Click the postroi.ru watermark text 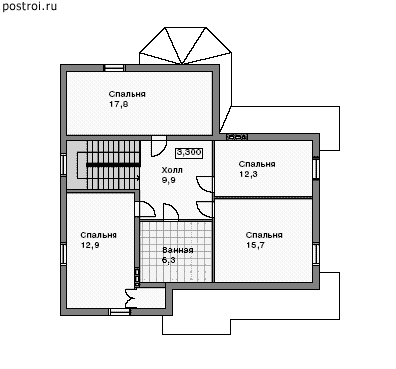[30, 6]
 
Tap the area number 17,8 [119, 104]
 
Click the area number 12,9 [90, 245]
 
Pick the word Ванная [178, 250]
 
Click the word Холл [172, 170]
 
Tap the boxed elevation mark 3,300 [189, 153]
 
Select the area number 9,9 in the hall [169, 180]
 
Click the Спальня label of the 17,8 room [127, 94]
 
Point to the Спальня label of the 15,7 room [264, 235]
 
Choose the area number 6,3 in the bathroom [169, 260]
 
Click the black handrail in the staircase [113, 165]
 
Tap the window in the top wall [114, 68]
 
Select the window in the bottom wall [120, 312]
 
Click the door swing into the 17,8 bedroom [159, 146]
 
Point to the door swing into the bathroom [171, 212]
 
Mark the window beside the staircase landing [63, 164]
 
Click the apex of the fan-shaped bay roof [182, 64]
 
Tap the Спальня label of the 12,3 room [257, 164]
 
